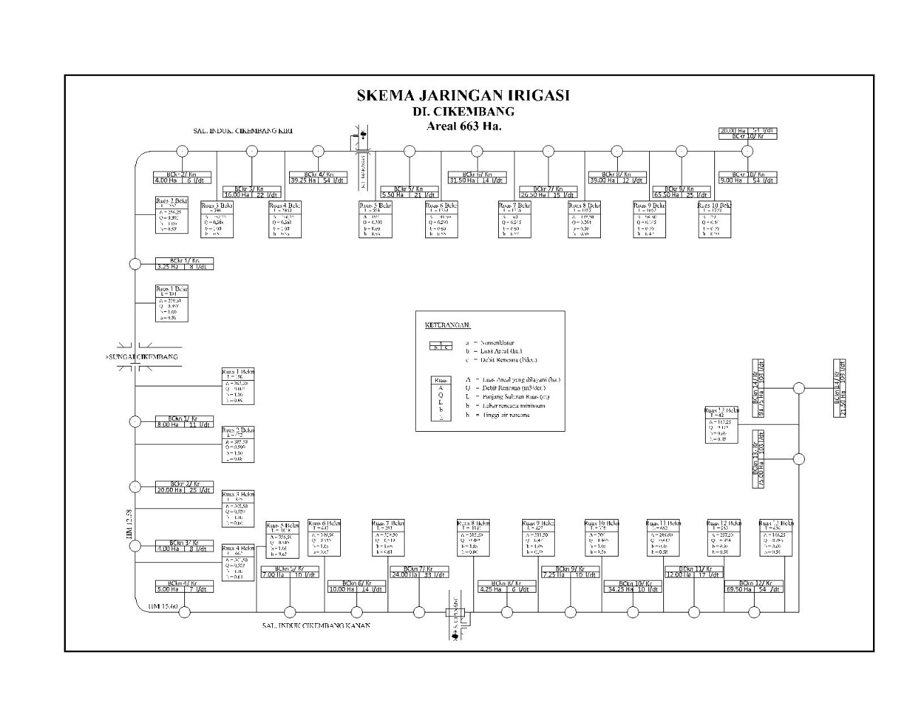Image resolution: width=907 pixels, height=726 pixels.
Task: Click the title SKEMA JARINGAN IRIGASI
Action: click(463, 95)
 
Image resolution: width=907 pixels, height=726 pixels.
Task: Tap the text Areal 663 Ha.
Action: click(463, 126)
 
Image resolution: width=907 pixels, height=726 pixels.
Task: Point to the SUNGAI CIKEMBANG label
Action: click(142, 357)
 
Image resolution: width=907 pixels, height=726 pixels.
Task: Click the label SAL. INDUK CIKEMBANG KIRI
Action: click(243, 131)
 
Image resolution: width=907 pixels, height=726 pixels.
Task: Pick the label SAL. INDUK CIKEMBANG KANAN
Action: click(316, 625)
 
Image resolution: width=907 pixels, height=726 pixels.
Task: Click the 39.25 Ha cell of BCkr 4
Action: click(304, 180)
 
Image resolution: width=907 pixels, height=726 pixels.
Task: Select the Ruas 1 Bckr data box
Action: click(171, 303)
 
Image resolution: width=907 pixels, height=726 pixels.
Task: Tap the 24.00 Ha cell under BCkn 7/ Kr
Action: click(405, 575)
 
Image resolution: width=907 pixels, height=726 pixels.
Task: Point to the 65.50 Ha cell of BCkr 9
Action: click(667, 194)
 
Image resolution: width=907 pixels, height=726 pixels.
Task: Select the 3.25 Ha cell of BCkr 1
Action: click(171, 267)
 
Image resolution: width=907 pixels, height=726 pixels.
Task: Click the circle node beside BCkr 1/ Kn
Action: click(135, 264)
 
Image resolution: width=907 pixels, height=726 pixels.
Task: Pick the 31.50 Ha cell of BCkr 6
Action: click(463, 180)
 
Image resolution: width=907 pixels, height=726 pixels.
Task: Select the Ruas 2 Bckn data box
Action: click(238, 445)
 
